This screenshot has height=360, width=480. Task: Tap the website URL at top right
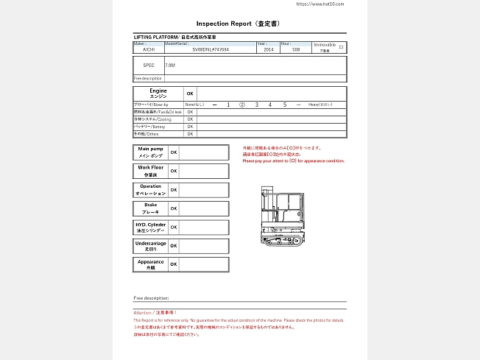click(x=320, y=4)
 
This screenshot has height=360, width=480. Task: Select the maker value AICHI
click(x=149, y=50)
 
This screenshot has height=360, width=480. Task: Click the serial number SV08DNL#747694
click(x=211, y=50)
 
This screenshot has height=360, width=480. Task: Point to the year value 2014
click(x=267, y=50)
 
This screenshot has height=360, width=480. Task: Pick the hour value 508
click(x=296, y=50)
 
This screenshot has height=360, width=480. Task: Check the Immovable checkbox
click(x=341, y=46)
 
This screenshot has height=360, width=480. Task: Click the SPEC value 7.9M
click(x=170, y=66)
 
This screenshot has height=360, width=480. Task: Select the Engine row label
click(x=158, y=93)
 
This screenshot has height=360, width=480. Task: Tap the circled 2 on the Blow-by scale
click(x=242, y=105)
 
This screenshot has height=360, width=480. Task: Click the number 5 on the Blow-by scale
click(x=284, y=105)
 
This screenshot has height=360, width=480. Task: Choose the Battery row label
click(x=149, y=127)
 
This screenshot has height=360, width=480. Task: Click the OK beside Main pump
click(x=174, y=152)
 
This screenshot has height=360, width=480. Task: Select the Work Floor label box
click(x=150, y=171)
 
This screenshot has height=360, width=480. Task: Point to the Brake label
click(x=150, y=208)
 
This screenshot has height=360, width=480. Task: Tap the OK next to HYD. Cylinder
click(x=174, y=227)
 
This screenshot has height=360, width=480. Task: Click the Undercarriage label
click(x=150, y=246)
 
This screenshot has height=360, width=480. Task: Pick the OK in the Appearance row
click(x=174, y=264)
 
